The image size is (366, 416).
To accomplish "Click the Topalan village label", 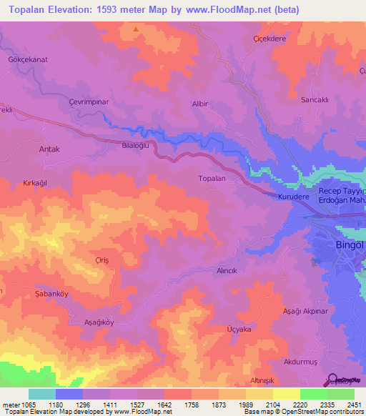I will pyautogui.click(x=212, y=178).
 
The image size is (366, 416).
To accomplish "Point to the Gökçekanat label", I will pyautogui.click(x=27, y=59).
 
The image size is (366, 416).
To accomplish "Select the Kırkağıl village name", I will pyautogui.click(x=35, y=183).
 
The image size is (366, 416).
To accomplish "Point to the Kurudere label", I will pyautogui.click(x=292, y=194).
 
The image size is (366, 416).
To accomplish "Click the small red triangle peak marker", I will pyautogui.click(x=135, y=29).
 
